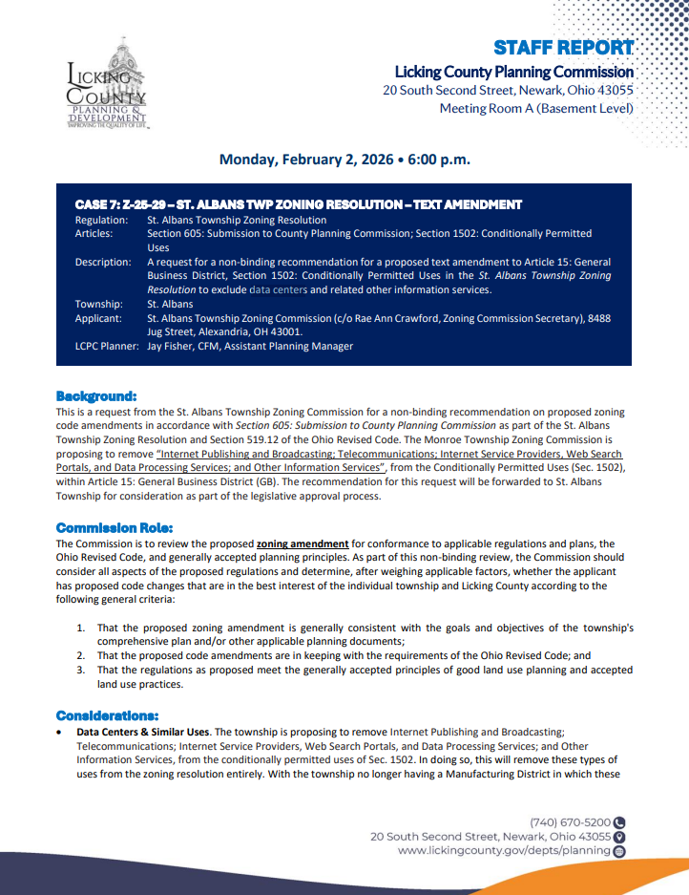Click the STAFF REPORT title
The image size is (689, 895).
pos(563,48)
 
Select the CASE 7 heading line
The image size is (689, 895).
pos(298,204)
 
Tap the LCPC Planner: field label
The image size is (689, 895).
pos(107,346)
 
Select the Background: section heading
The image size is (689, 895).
pos(96,395)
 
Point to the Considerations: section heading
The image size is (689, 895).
pos(108,715)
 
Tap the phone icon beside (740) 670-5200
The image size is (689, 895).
pos(619,821)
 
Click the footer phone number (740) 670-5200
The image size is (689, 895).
pos(571,821)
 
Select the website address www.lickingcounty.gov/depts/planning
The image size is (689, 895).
pos(504,850)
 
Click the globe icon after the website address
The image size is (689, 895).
pos(619,850)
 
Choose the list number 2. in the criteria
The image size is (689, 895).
pos(81,656)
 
